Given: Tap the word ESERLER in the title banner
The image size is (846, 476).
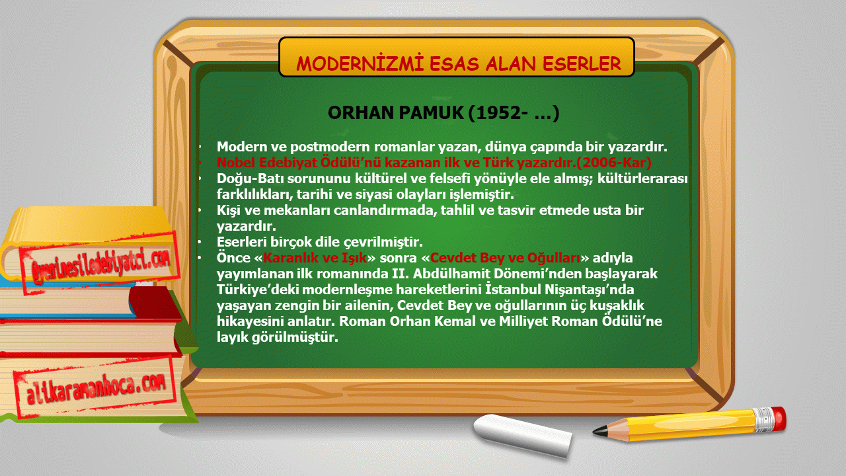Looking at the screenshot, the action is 582,63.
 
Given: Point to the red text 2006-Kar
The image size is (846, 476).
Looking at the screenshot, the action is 615,163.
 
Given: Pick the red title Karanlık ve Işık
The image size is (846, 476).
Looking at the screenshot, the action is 315,258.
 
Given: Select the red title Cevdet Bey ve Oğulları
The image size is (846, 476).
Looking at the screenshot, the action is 506,258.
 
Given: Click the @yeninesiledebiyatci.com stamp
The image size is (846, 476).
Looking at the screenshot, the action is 100,262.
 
